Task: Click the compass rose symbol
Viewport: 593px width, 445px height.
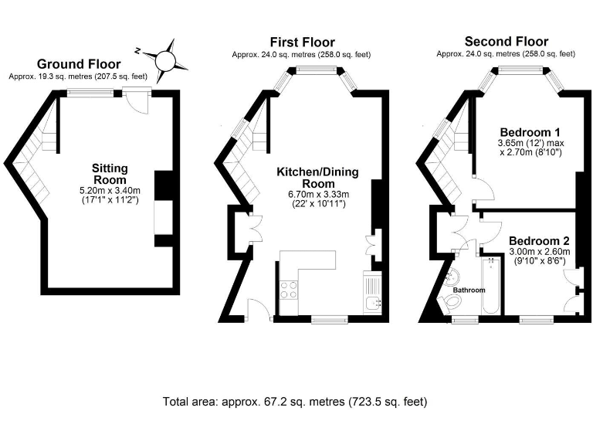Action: pyautogui.click(x=166, y=60)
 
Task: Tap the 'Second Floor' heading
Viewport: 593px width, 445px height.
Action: pyautogui.click(x=506, y=42)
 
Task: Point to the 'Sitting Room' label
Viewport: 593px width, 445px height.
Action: pyautogui.click(x=110, y=174)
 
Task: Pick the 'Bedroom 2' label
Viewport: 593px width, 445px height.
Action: pyautogui.click(x=539, y=239)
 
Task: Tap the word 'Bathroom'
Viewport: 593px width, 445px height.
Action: pyautogui.click(x=469, y=290)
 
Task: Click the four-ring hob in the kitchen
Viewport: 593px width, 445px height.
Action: pyautogui.click(x=289, y=290)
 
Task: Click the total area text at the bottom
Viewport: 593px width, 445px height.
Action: pyautogui.click(x=295, y=402)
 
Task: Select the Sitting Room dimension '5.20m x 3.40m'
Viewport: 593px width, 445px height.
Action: pyautogui.click(x=110, y=190)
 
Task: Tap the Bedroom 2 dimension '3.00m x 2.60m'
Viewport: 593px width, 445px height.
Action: pyautogui.click(x=539, y=251)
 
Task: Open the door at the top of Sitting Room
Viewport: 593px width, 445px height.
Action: pyautogui.click(x=139, y=100)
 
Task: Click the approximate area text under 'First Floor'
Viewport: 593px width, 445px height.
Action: pyautogui.click(x=301, y=54)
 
